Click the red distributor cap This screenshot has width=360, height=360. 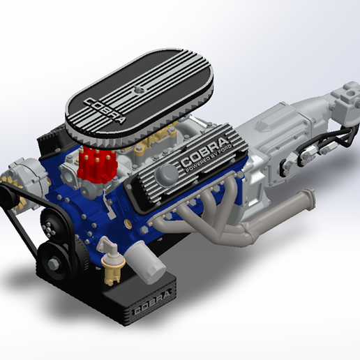click(93, 163)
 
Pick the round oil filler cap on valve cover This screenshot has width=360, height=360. click(168, 173)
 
